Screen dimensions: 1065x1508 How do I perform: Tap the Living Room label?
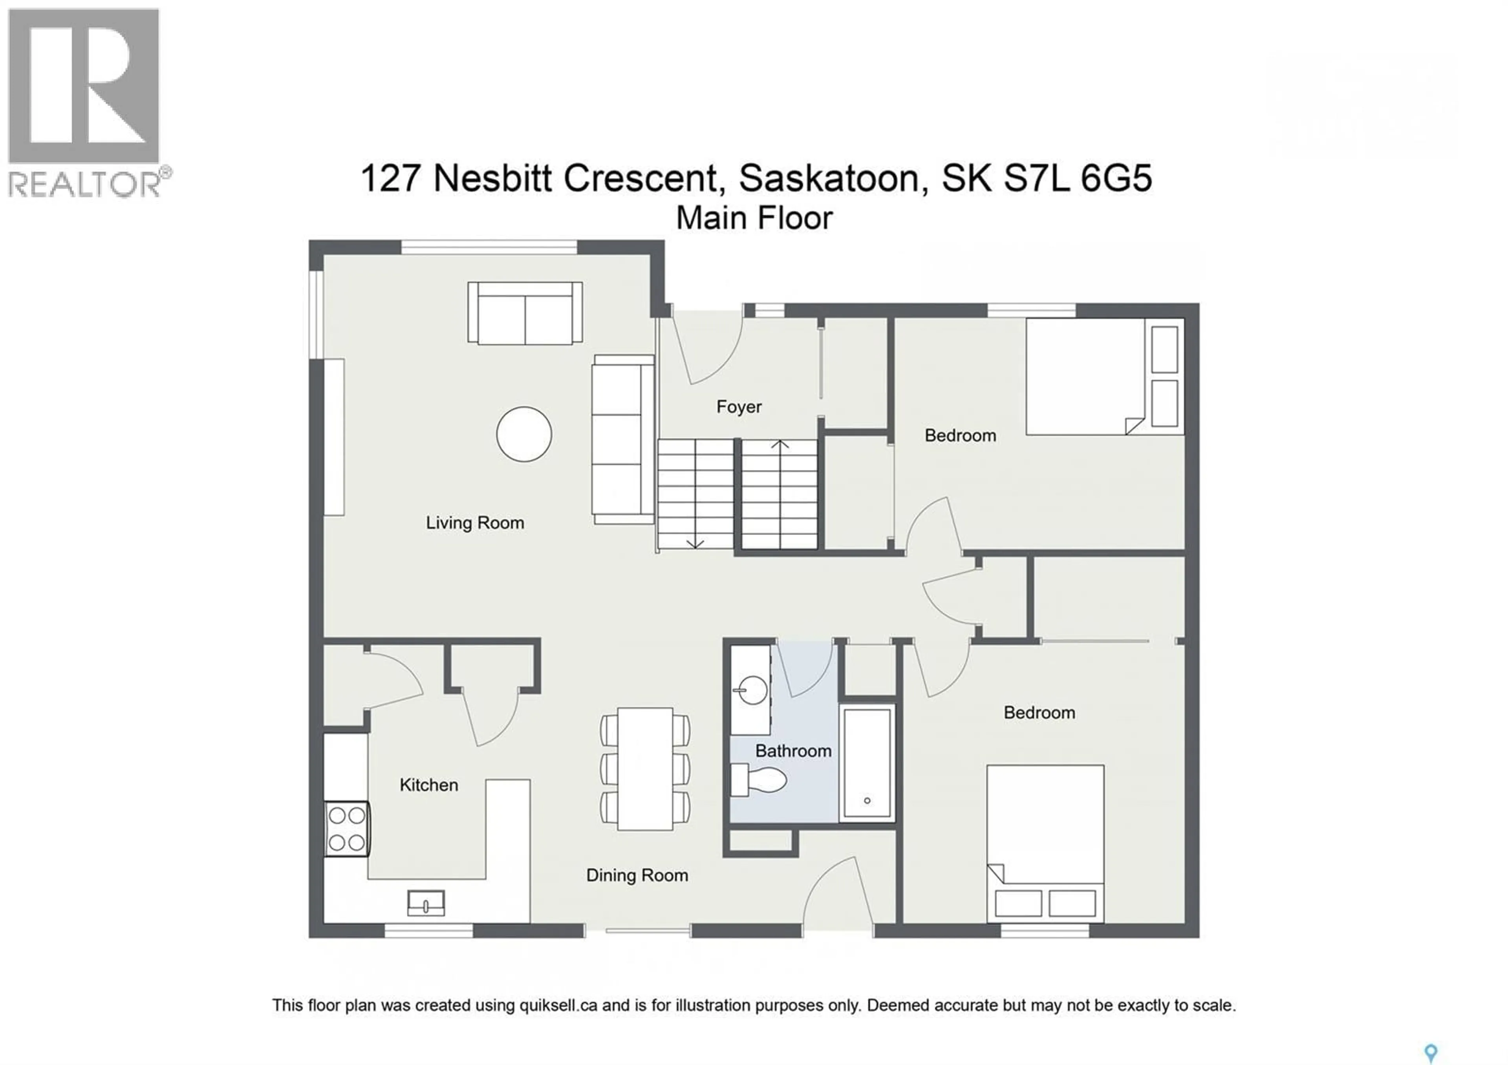[x=474, y=523]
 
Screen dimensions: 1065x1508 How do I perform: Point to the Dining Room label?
[x=637, y=876]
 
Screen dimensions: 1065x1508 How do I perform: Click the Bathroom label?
[x=793, y=751]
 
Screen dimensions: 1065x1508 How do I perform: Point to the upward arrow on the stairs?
[x=780, y=445]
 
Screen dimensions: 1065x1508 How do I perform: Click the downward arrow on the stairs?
[x=695, y=543]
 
